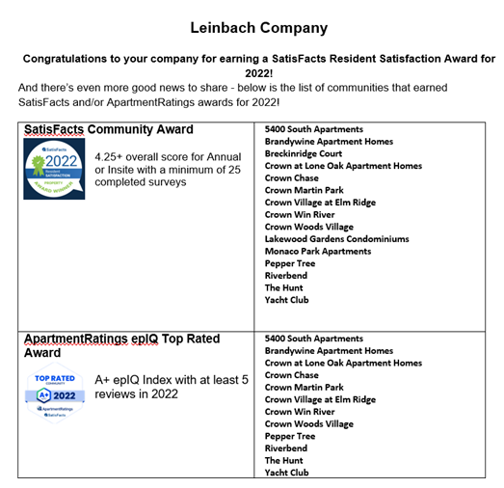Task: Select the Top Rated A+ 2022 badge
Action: (55, 394)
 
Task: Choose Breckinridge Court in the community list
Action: (304, 153)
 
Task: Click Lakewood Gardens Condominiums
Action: (336, 239)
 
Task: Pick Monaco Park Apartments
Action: (317, 251)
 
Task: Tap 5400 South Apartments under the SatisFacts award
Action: (313, 129)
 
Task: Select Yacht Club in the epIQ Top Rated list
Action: (286, 473)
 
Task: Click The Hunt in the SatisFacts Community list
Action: (283, 287)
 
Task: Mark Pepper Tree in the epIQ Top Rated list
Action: (290, 436)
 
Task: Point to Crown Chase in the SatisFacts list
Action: (292, 178)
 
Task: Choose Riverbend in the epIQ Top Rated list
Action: (286, 448)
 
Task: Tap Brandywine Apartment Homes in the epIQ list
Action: (329, 351)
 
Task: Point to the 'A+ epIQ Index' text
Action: (132, 380)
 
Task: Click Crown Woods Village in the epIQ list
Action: (308, 424)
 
